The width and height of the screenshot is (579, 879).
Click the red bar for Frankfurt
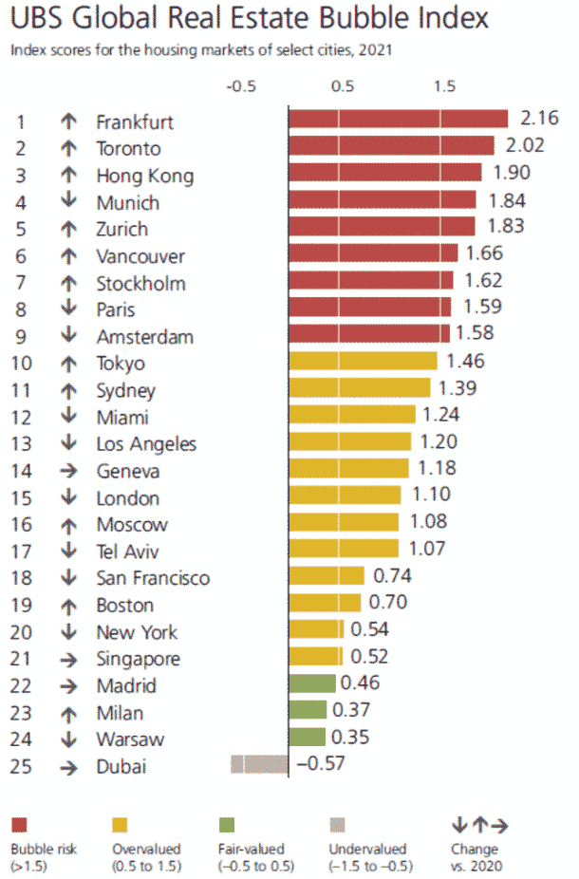(398, 119)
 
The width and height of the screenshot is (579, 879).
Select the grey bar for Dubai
(259, 764)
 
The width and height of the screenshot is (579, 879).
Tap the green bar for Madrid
(311, 683)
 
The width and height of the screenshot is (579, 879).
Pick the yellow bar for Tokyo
(363, 361)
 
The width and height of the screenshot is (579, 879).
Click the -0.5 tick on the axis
(242, 85)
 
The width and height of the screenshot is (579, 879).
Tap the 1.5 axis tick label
(444, 85)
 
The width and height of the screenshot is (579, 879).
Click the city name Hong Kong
(144, 177)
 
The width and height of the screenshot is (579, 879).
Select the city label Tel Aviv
(127, 552)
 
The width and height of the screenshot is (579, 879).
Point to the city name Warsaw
(130, 739)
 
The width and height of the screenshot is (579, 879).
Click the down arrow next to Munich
(68, 203)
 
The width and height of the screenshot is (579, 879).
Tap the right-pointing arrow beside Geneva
(68, 472)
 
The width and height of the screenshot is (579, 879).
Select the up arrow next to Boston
(68, 606)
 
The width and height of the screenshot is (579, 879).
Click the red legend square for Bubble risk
(20, 824)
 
